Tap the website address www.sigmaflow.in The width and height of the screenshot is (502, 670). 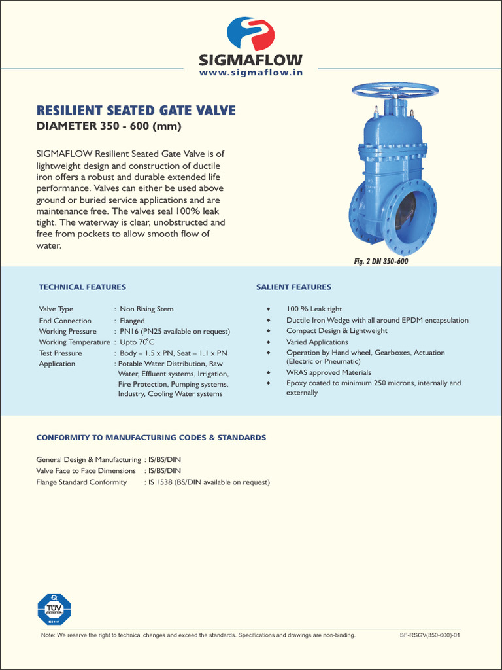(x=251, y=75)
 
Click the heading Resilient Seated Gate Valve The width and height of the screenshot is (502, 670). (x=135, y=111)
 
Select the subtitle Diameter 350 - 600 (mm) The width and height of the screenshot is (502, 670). (x=108, y=126)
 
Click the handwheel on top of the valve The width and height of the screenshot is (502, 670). (x=390, y=90)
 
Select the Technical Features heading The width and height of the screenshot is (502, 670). (x=82, y=287)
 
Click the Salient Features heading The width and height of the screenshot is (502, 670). (x=293, y=287)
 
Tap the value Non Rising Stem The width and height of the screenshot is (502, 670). (x=146, y=309)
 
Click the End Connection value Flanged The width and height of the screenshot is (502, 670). (x=132, y=321)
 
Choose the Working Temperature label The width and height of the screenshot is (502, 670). (x=74, y=342)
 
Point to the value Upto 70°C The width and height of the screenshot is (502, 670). (x=137, y=342)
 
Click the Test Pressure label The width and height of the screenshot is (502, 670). (x=61, y=353)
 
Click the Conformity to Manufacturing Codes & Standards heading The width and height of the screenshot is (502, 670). (x=151, y=438)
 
